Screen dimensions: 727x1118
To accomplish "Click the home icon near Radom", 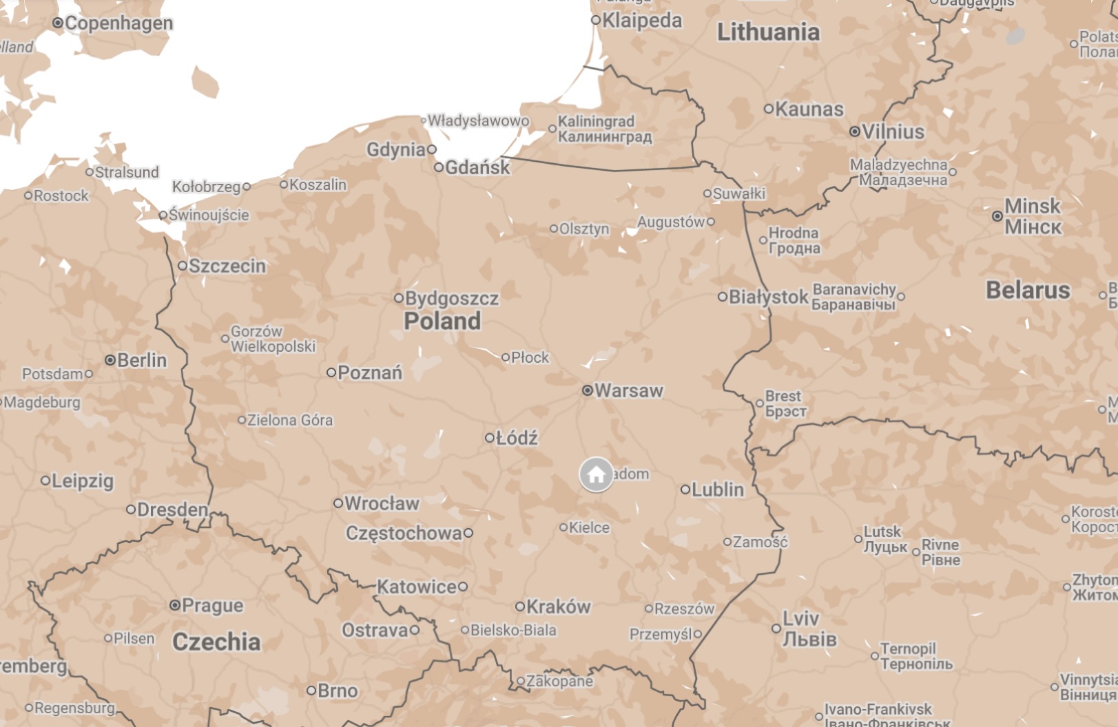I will (x=596, y=474).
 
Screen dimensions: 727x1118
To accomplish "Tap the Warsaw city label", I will (x=628, y=391).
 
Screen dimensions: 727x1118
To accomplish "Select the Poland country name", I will (x=442, y=321).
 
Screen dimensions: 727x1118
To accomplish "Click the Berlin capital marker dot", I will (x=110, y=360).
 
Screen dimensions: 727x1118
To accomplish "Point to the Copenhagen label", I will (x=118, y=23).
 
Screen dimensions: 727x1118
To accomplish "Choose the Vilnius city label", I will (x=893, y=131).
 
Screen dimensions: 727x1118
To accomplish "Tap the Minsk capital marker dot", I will (x=997, y=216).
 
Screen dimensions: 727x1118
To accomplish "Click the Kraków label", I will (x=558, y=607).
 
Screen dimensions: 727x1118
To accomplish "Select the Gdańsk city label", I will (x=477, y=167).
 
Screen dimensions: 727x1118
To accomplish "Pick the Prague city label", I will (x=213, y=606).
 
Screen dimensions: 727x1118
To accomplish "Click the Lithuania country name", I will (x=768, y=32).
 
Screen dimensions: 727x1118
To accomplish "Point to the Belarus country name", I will (x=1028, y=291).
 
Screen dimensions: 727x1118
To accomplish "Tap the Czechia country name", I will (x=216, y=642).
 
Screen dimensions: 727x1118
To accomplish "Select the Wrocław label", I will (x=382, y=504).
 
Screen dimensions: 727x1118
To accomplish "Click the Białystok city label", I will (x=768, y=297).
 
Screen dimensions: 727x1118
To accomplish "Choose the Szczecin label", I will (x=227, y=266).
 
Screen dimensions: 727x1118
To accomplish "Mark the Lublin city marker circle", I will (x=685, y=490).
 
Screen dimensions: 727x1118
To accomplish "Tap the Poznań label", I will (x=370, y=373).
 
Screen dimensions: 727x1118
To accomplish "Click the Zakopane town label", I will (x=559, y=682).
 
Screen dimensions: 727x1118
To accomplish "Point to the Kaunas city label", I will (x=809, y=109).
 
